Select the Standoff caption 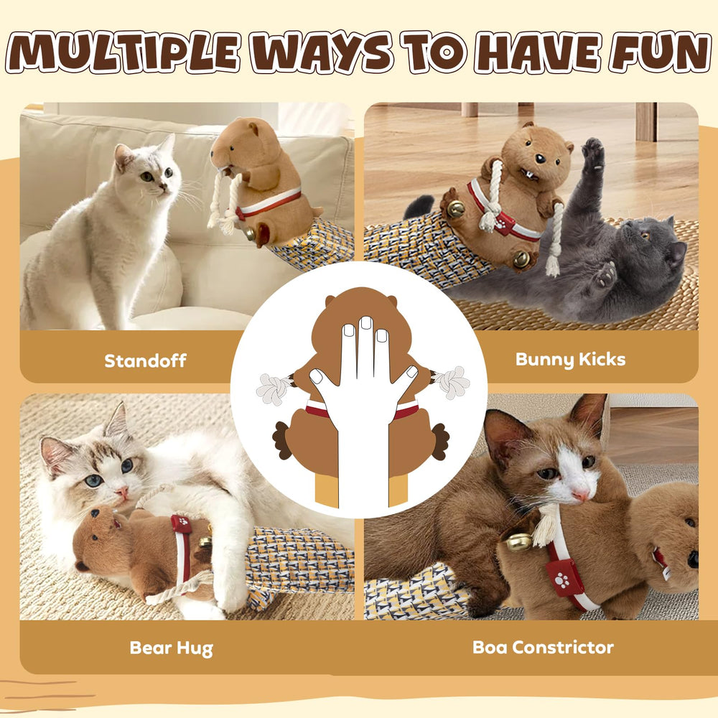click(145, 360)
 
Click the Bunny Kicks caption click(570, 359)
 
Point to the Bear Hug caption click(171, 648)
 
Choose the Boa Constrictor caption click(543, 647)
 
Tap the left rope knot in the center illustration click(274, 387)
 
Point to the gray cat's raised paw click(592, 153)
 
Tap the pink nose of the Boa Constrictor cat click(580, 494)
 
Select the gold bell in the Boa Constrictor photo click(520, 542)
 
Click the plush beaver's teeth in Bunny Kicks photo click(529, 174)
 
